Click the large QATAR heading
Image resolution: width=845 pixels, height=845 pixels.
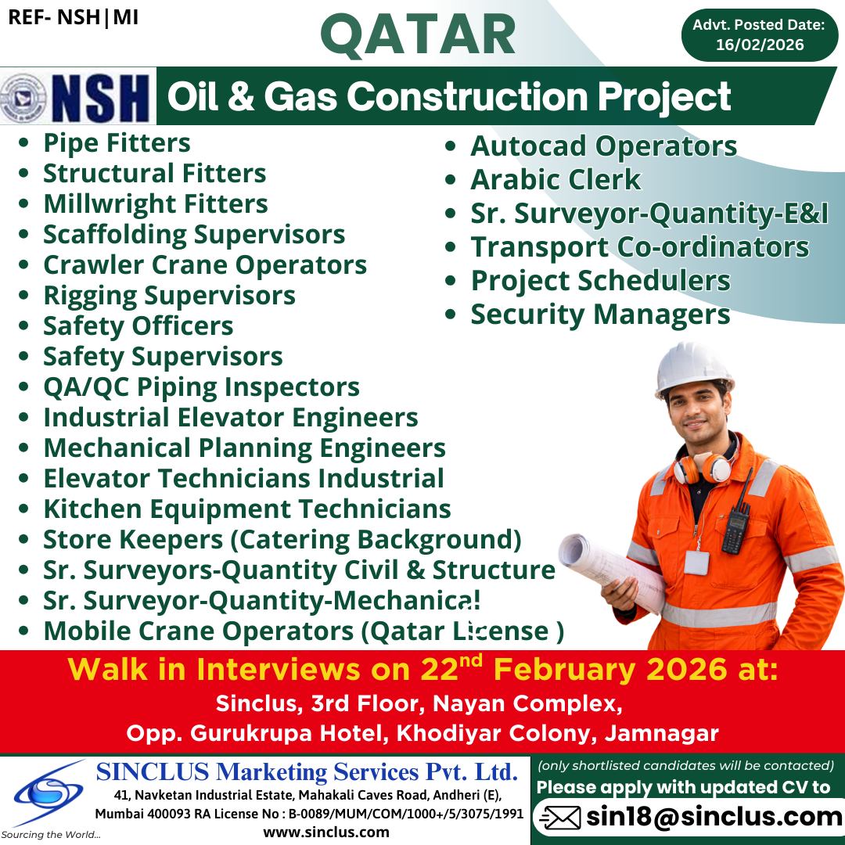pos(418,35)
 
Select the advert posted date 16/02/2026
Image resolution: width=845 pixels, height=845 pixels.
pos(760,45)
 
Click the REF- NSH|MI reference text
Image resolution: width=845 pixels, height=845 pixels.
pos(74,17)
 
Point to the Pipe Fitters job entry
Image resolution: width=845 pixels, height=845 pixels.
pos(117,143)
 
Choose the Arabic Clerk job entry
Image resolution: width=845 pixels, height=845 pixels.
pos(555,180)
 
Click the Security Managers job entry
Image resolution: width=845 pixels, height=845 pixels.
pos(599,315)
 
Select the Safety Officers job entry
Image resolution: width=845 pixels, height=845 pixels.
pos(138,325)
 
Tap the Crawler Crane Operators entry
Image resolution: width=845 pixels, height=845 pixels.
pos(204,264)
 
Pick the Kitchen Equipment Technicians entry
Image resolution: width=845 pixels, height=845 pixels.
pos(246,509)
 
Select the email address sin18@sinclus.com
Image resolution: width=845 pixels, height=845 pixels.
pos(714,817)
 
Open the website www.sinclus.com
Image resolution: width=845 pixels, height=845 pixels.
pos(326,832)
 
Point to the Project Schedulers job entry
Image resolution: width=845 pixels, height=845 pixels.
pos(600,281)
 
